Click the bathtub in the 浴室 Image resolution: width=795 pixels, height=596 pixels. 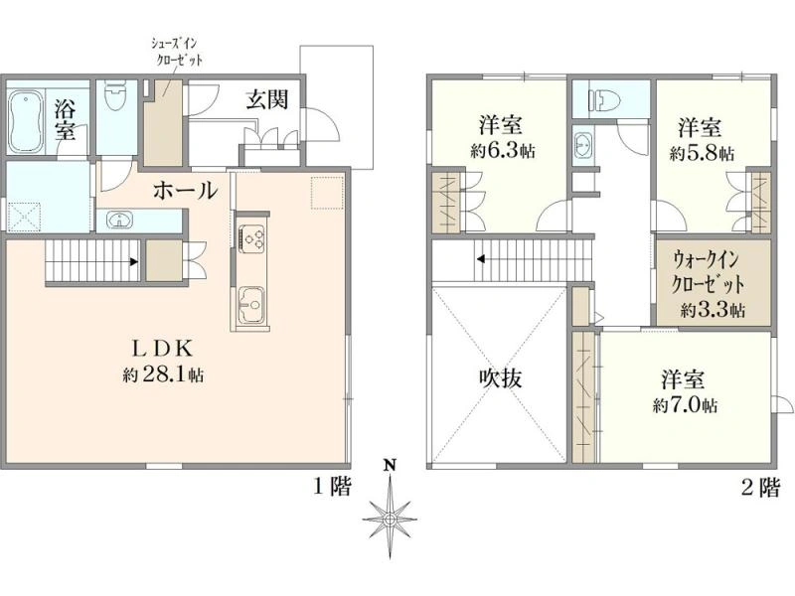26,121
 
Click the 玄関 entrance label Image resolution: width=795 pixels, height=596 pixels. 267,99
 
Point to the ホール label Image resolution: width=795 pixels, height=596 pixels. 186,191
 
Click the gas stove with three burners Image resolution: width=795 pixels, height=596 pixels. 251,237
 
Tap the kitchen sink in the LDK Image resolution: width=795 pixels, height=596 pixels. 251,305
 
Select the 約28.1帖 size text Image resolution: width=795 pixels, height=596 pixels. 163,374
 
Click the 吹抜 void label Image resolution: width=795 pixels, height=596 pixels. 501,377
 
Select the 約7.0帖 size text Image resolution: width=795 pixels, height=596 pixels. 685,405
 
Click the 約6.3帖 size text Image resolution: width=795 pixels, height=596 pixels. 503,151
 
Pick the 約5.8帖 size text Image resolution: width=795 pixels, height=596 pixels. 702,154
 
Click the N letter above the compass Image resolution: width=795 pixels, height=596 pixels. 389,465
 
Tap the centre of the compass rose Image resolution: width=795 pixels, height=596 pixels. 390,520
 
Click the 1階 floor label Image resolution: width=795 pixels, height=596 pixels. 332,487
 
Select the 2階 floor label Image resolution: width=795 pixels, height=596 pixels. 760,488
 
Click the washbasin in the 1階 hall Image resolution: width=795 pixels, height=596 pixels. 119,221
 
